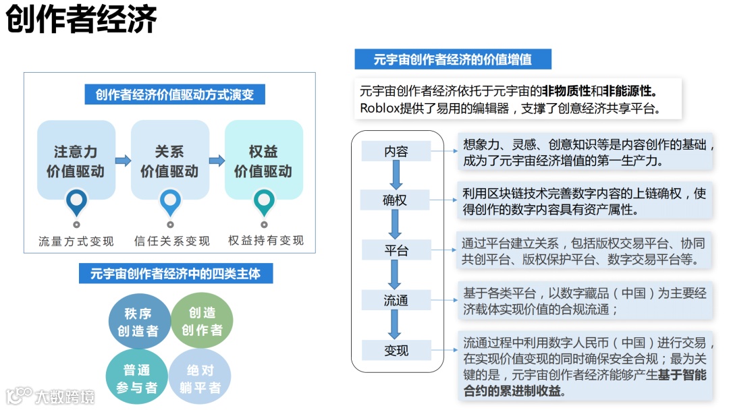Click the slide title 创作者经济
tap(82, 20)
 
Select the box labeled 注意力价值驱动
tap(76, 160)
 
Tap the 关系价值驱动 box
tap(169, 160)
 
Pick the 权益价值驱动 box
tap(263, 160)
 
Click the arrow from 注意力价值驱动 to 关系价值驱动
tap(123, 160)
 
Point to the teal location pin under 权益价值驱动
tap(263, 202)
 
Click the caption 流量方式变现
tap(76, 241)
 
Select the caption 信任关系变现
tap(171, 241)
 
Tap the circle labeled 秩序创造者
tap(138, 322)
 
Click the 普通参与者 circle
tap(137, 378)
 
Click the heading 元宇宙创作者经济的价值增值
tap(453, 59)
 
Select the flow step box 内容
tap(396, 151)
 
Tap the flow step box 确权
tap(396, 200)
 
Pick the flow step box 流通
tap(396, 300)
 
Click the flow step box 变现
tap(396, 350)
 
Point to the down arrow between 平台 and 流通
tap(396, 275)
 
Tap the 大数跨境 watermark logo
tap(51, 394)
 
